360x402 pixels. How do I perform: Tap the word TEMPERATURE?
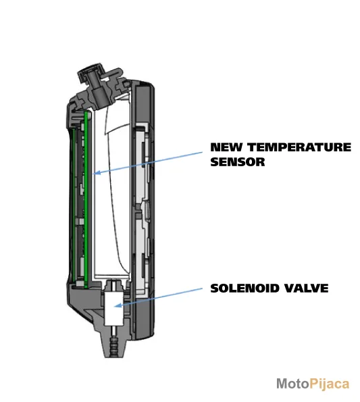coord(300,147)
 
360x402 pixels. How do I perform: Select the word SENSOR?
coord(238,162)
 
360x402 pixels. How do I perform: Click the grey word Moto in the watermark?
coord(293,384)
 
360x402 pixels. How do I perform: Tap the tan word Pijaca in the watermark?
coord(330,384)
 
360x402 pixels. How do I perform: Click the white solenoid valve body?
coord(113,309)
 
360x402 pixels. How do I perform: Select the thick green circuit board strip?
coord(86,199)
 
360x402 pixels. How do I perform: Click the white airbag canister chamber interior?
coord(113,193)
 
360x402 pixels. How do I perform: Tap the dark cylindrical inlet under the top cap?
coord(99,95)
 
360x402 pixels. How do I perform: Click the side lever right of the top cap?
coord(113,73)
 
